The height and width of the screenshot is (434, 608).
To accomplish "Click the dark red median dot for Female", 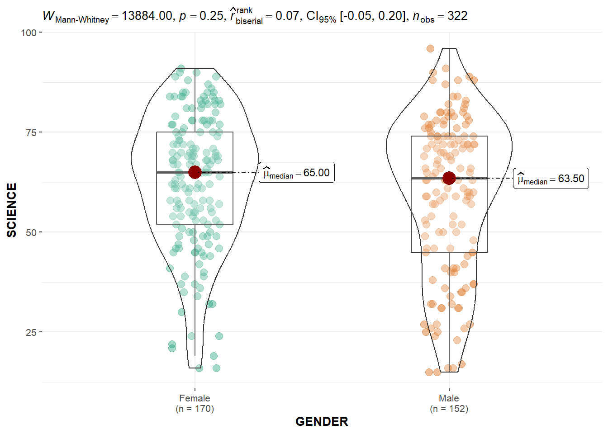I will (195, 172).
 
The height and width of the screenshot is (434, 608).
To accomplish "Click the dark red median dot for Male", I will (449, 178).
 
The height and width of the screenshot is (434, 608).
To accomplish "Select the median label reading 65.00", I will (297, 173).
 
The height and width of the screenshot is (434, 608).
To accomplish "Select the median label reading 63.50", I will (551, 179).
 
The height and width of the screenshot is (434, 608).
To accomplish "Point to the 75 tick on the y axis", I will (31, 132).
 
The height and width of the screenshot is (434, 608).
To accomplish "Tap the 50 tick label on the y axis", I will (31, 232).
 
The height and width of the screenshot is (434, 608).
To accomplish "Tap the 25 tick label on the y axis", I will (31, 332).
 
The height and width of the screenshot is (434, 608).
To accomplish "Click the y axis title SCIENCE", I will (12, 210).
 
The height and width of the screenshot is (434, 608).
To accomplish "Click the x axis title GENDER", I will (322, 421).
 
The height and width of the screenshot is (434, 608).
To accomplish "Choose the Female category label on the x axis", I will (195, 398).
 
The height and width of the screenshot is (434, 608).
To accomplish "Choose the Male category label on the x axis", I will (449, 398).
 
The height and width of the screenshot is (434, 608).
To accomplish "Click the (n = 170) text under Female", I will (195, 409).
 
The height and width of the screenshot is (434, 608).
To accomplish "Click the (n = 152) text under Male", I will (449, 409).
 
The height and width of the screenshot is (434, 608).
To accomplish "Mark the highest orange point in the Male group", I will (430, 48).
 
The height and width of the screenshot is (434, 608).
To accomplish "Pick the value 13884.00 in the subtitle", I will (147, 16).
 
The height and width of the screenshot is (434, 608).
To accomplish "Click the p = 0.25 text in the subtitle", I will (201, 16).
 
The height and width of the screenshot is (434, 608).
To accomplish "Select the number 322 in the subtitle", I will (457, 16).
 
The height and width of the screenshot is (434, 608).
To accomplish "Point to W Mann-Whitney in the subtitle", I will (76, 17).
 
